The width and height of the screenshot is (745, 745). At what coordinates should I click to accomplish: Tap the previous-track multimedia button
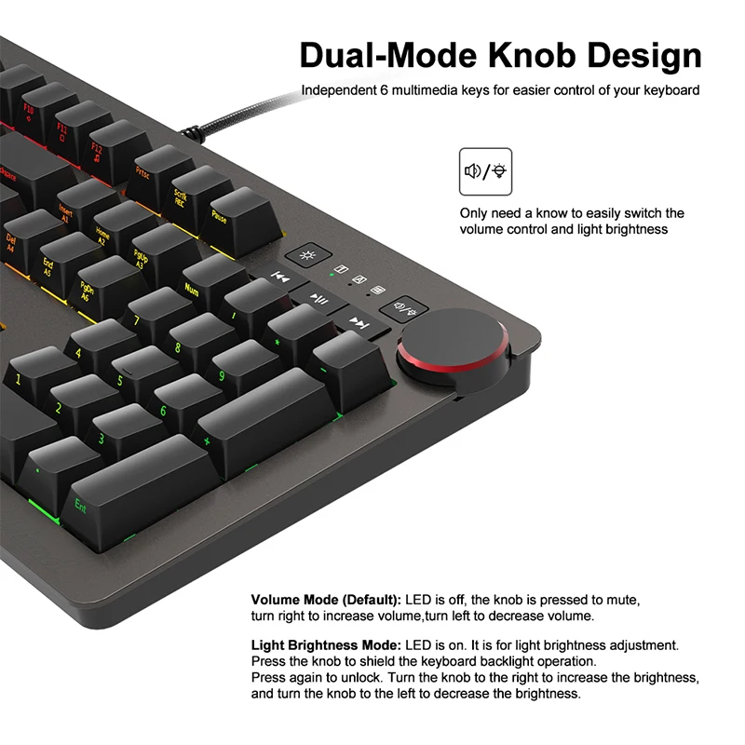click(x=281, y=276)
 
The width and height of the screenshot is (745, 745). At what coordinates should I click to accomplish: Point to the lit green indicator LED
click(x=332, y=277)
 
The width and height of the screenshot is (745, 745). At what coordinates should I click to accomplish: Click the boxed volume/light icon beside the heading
click(x=485, y=171)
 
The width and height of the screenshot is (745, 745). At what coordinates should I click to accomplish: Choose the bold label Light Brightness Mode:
click(x=326, y=644)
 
